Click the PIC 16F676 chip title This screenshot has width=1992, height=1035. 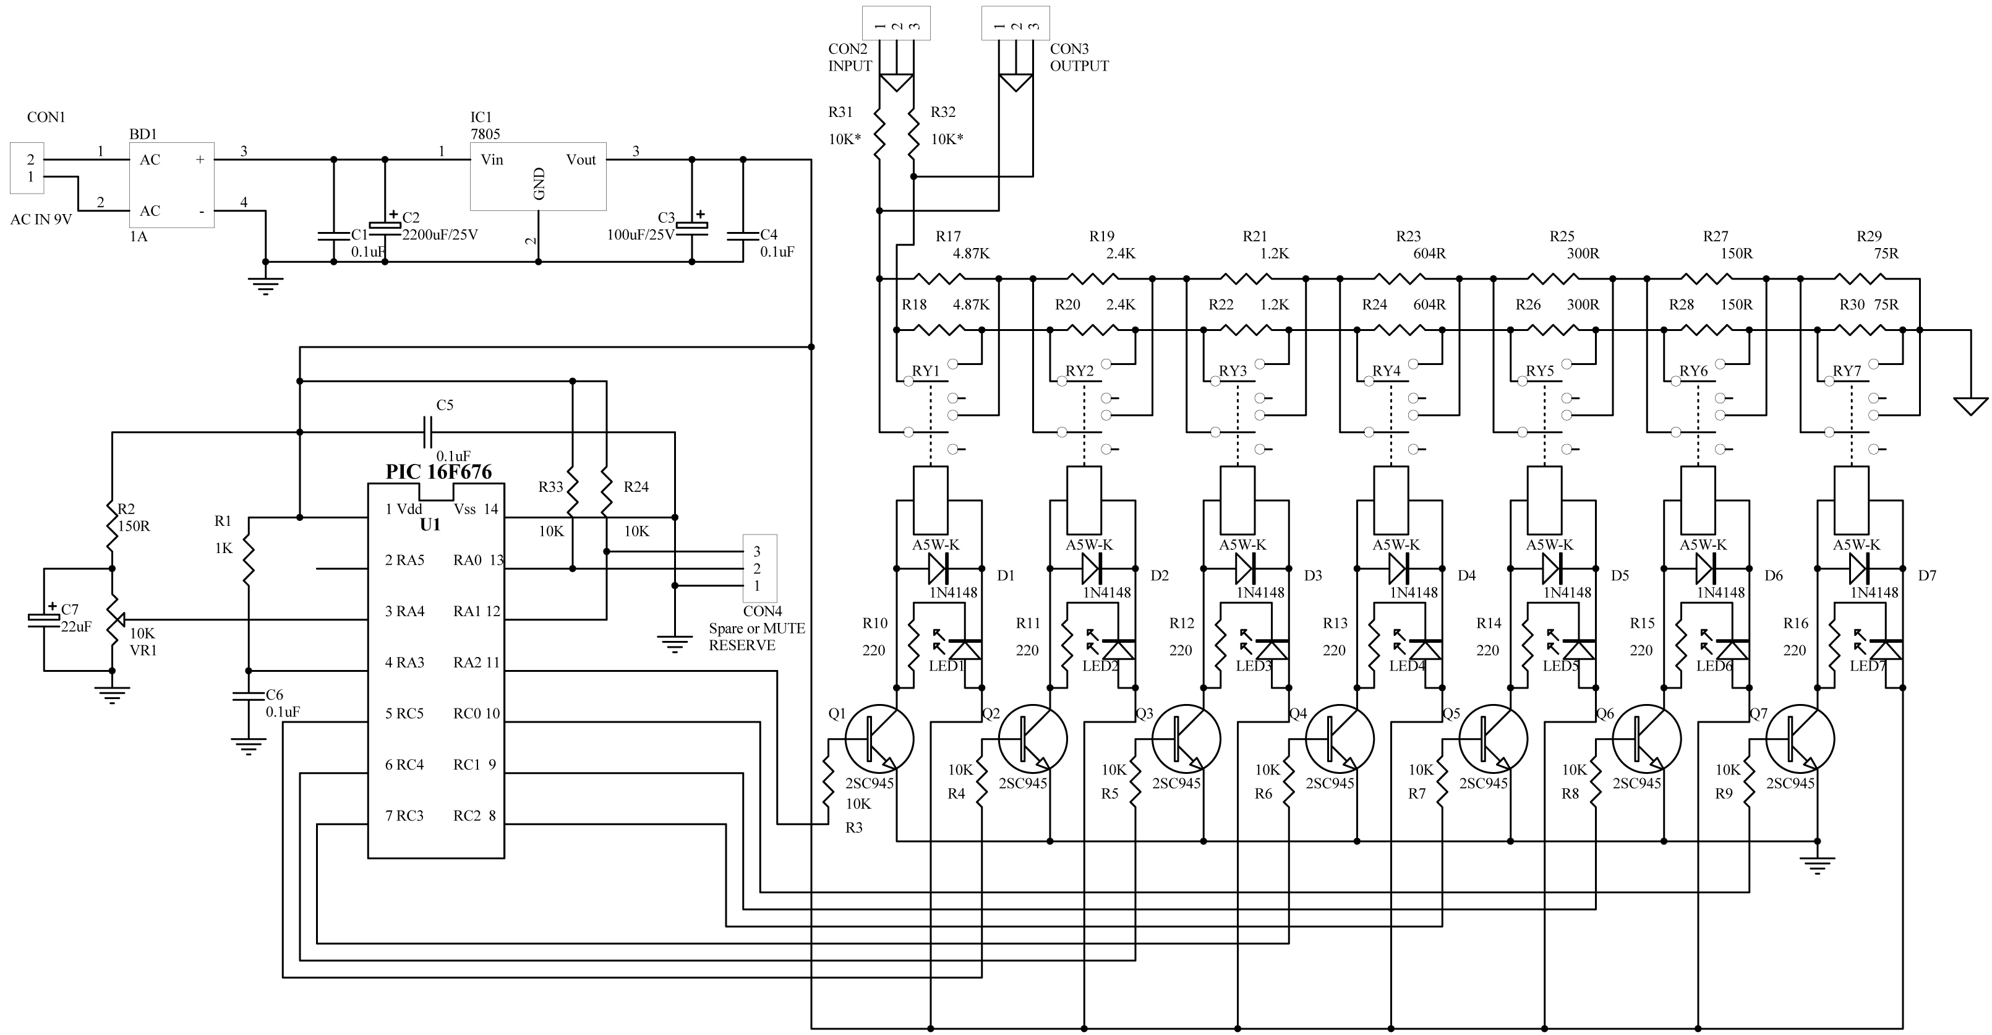point(438,472)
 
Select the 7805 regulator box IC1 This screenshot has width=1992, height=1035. point(538,176)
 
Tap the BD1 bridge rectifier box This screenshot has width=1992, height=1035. point(171,185)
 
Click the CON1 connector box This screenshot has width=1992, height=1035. point(27,168)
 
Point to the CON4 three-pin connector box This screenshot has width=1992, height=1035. point(759,569)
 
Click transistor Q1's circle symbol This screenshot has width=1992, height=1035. point(879,739)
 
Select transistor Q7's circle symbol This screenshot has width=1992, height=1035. point(1800,739)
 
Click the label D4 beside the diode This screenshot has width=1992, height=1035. point(1467,575)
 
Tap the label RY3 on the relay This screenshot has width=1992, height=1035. point(1233,371)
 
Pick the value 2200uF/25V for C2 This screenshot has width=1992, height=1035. point(440,234)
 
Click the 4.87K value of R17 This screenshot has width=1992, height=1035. point(971,254)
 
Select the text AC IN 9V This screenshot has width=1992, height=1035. point(41,220)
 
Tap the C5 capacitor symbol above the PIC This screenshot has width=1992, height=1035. point(427,432)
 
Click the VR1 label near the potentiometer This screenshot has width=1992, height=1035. point(143,651)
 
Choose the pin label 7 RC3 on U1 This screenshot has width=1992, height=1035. point(404,815)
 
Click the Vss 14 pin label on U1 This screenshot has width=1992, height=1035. point(476,509)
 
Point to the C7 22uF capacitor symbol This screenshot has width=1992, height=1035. point(44,619)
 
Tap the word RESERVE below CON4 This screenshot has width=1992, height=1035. point(742,645)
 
